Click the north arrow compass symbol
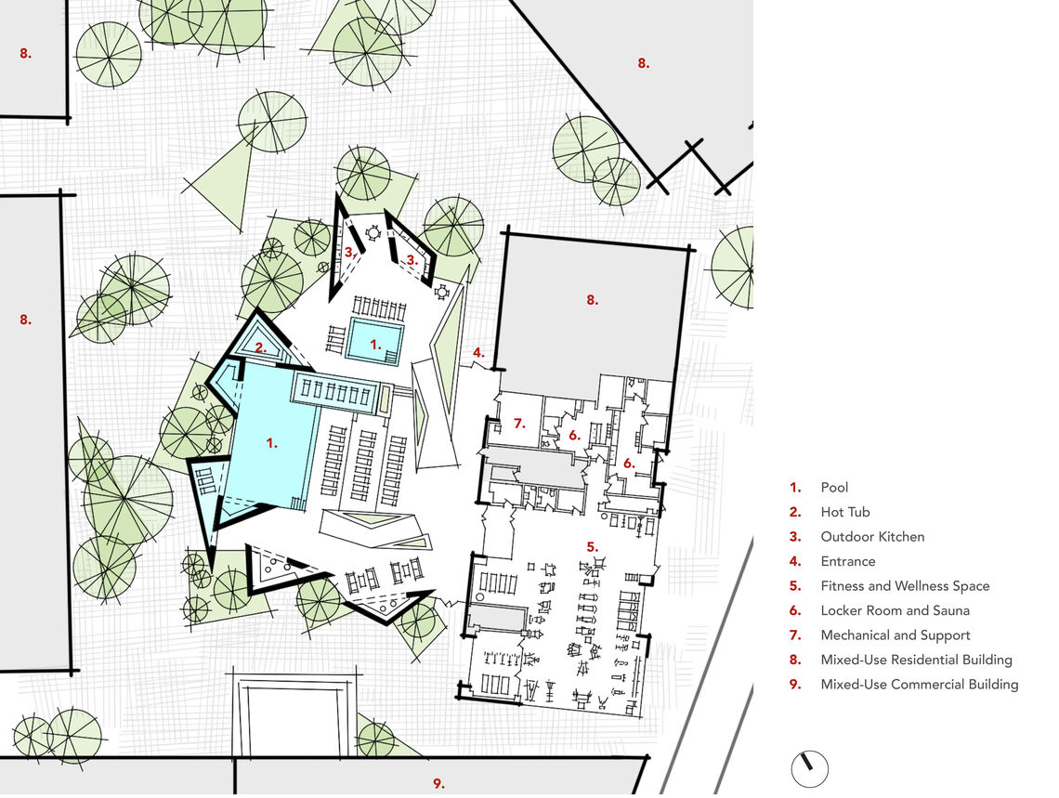pos(809,768)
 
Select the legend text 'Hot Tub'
pos(845,513)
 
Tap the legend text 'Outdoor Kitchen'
pos(872,537)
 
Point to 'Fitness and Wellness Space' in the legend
pos(905,586)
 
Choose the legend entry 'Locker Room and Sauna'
pos(895,610)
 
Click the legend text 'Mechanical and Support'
pos(896,635)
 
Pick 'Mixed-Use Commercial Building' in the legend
pos(920,684)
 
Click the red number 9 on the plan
pos(439,783)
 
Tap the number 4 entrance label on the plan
pos(478,352)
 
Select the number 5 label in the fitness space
pos(593,547)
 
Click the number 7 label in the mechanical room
pos(519,424)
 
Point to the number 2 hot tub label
pos(261,349)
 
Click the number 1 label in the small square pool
pos(376,345)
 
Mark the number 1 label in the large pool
pos(272,443)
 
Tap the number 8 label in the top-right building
pos(644,63)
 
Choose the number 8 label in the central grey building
pos(593,300)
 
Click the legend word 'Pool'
pos(834,488)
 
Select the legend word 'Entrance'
pos(847,561)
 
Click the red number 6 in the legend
pos(795,610)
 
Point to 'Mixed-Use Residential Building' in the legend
pos(917,660)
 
